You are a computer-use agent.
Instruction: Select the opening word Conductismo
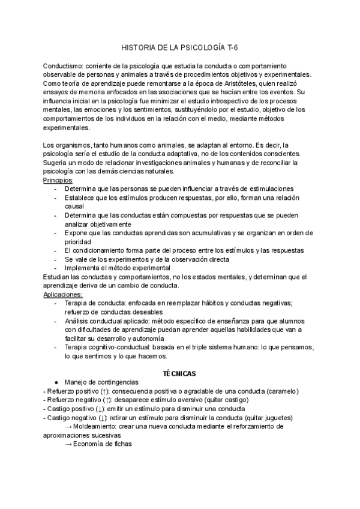(63, 65)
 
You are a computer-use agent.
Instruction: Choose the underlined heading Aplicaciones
(63, 295)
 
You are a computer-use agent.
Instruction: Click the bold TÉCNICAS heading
(179, 373)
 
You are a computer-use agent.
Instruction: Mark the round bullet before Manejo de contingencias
(56, 382)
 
